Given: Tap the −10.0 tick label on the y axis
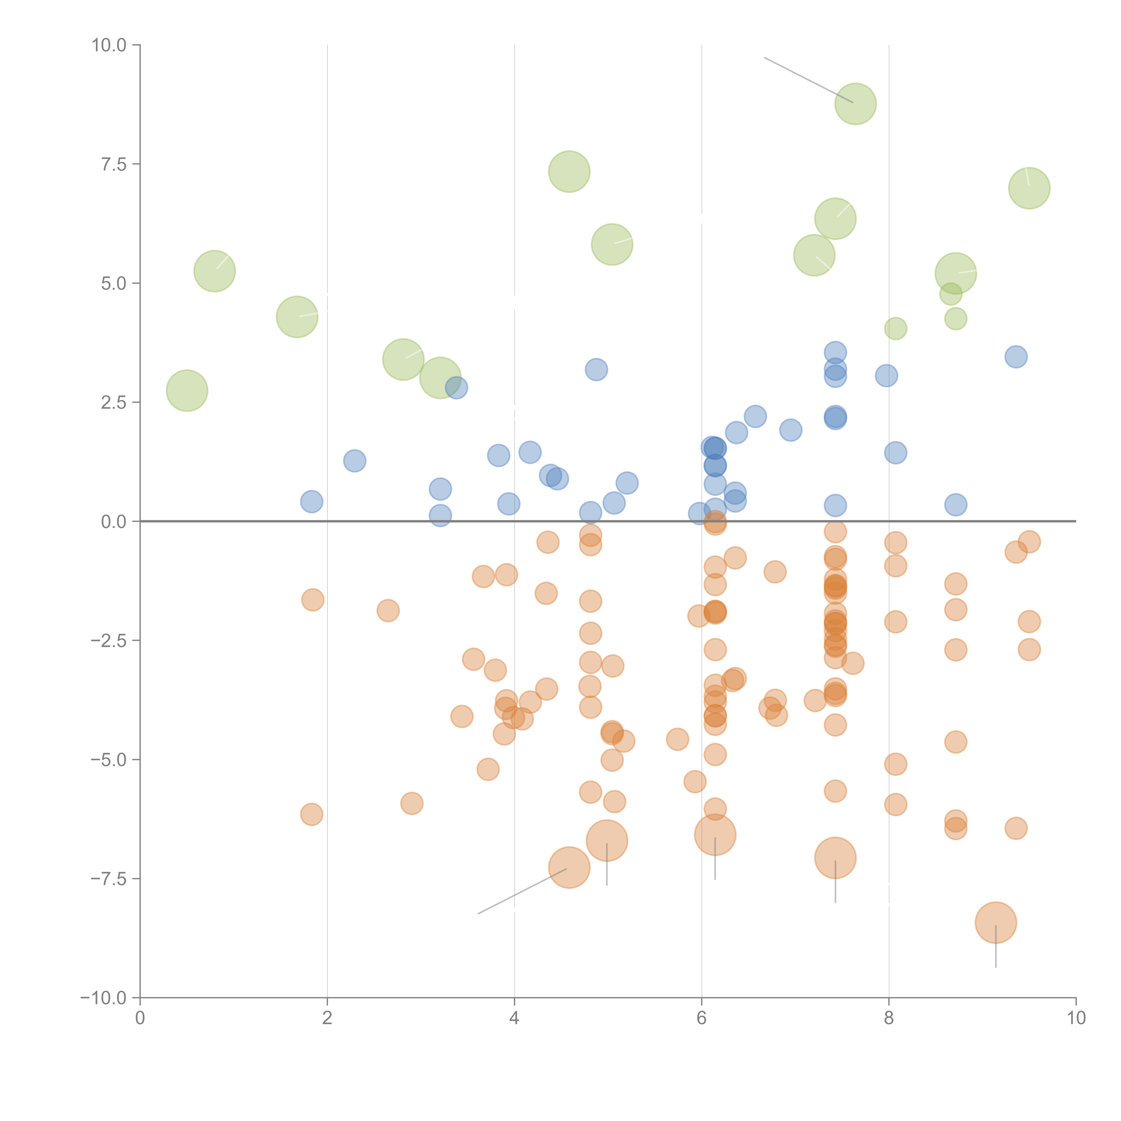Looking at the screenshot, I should (103, 998).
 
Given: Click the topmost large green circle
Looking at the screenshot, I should (855, 104).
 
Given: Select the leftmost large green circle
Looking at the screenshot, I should (187, 391).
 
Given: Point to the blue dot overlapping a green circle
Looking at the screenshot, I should (457, 388).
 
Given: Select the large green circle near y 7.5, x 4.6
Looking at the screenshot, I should (569, 172).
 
